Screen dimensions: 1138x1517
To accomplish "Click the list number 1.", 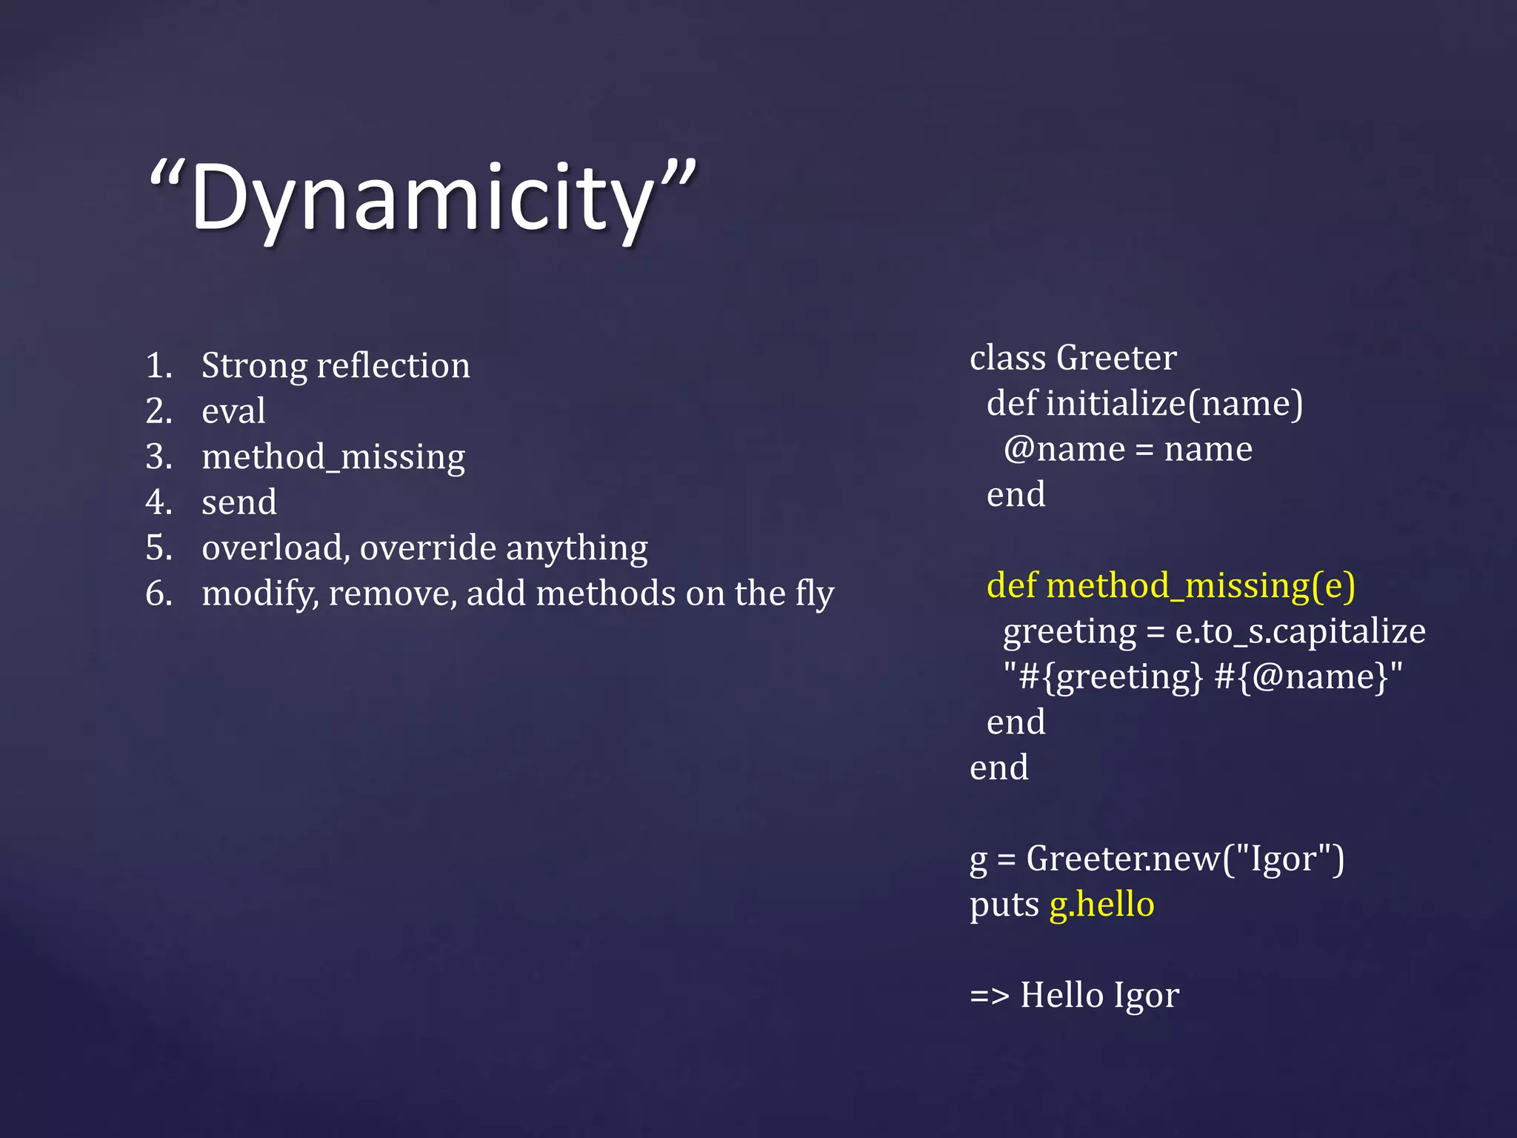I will pos(158,366).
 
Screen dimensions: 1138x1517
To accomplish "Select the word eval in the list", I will pos(233,411).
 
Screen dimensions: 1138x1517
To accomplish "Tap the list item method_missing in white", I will pos(333,457).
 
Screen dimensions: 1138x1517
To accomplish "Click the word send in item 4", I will pos(239,502).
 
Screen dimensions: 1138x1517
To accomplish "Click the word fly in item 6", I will pos(815,594).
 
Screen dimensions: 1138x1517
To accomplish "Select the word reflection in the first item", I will pos(393,366).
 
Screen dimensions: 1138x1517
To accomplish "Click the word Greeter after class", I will pos(1116,358).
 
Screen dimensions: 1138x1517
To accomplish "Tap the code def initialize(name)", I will pos(1144,404).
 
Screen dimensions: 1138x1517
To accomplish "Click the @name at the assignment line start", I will pos(1064,450).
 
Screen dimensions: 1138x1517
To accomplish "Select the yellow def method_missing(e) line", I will pos(1170,586).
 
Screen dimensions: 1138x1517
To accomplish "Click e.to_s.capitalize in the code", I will pos(1300,631).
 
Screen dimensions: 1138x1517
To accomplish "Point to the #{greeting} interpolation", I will pos(1111,677).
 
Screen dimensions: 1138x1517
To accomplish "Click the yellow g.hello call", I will pos(1101,905).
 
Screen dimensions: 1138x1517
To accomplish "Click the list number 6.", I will pos(159,594).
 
